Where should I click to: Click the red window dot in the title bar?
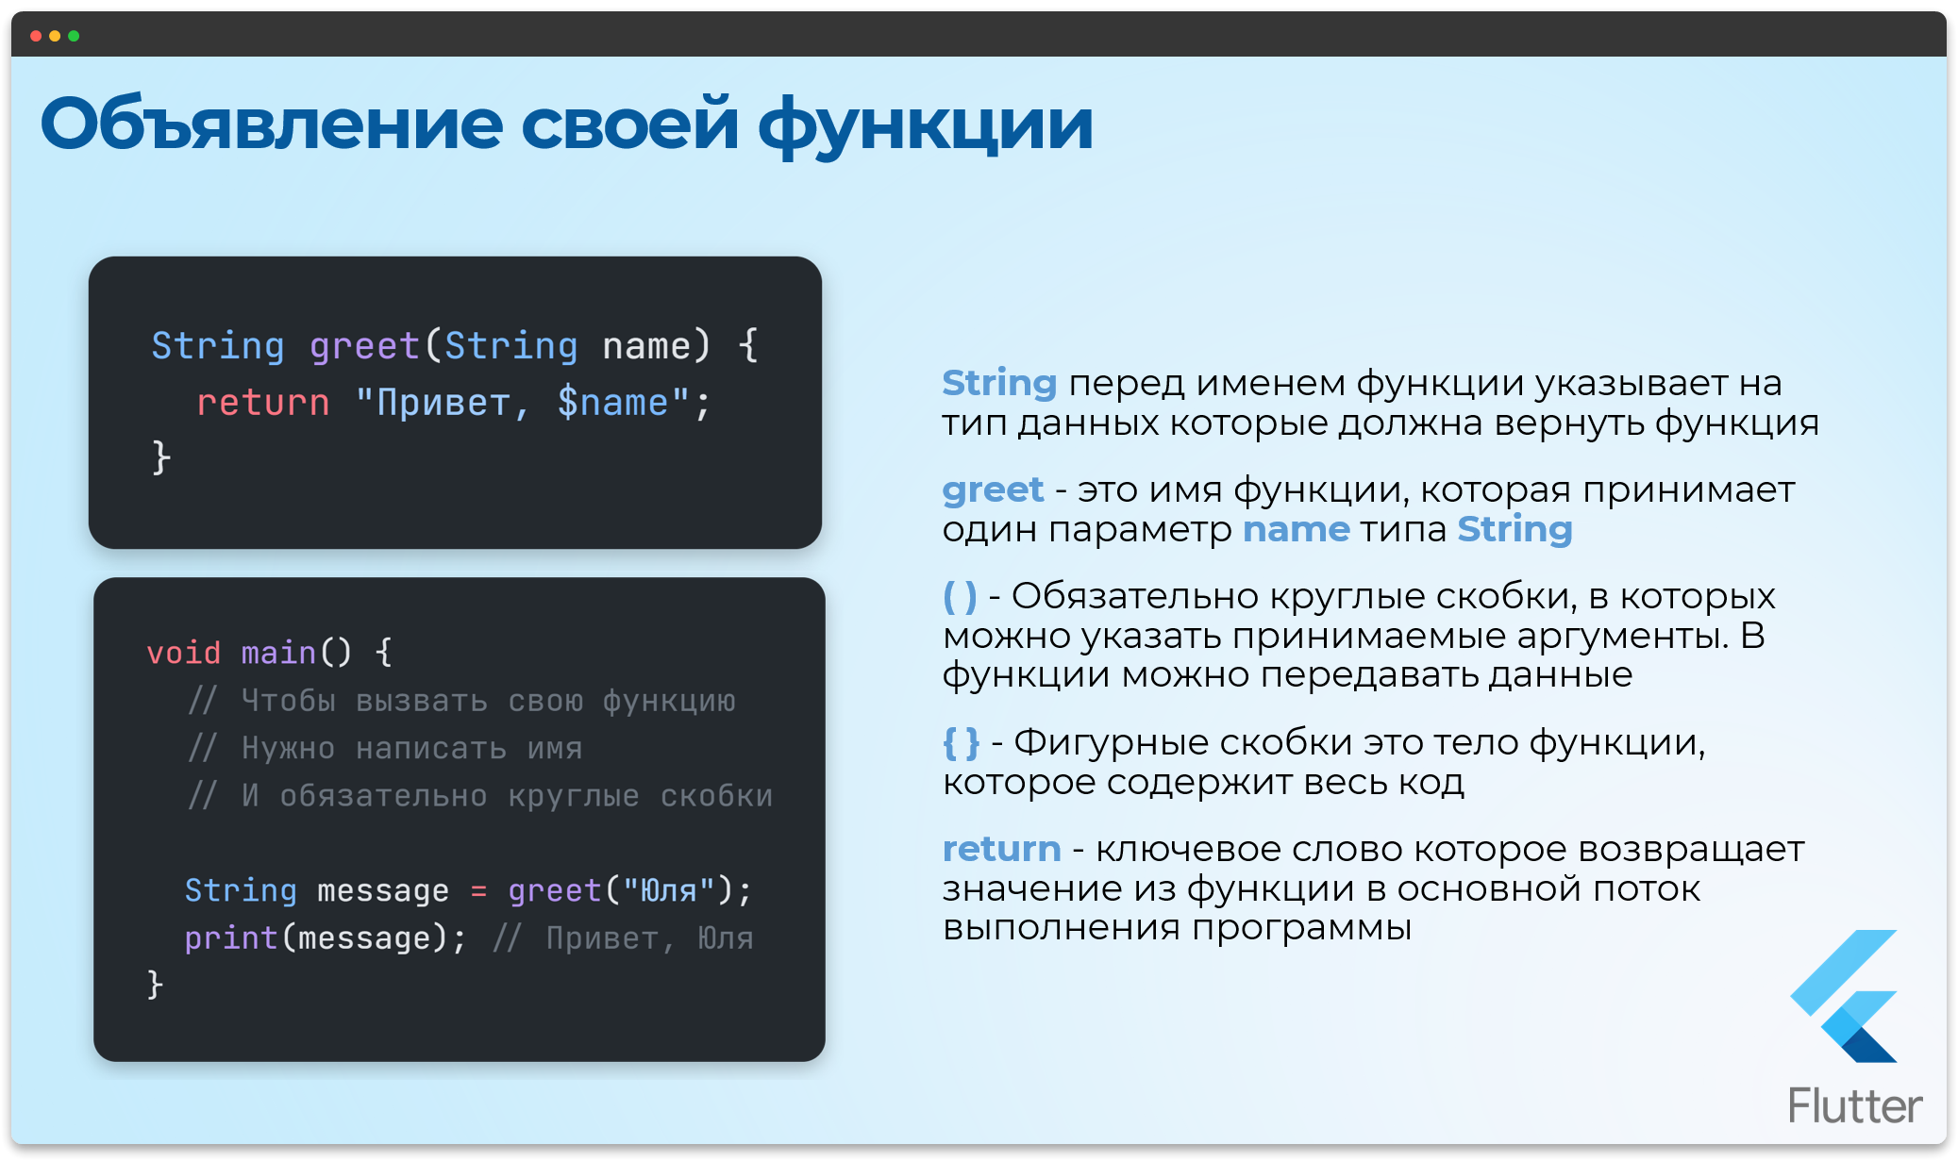36,36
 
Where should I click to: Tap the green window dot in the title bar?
74,36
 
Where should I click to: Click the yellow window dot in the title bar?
55,36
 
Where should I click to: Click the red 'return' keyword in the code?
262,403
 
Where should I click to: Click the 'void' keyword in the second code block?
184,653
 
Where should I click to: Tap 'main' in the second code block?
278,653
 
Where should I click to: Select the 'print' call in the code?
231,938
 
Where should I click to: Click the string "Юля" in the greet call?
669,890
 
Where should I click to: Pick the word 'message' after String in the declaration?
383,890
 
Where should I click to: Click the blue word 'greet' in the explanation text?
993,490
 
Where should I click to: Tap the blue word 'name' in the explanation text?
1297,530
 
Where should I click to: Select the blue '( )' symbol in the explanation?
961,596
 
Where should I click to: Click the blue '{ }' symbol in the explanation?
962,743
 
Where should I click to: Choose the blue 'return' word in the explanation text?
1001,850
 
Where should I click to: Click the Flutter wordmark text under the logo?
1855,1105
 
